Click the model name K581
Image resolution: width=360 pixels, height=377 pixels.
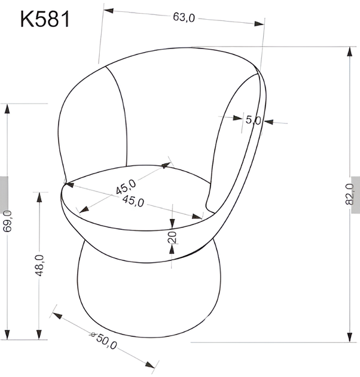click(x=45, y=19)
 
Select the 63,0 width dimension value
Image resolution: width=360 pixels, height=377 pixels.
click(x=184, y=17)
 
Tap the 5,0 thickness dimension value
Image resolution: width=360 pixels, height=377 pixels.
click(x=253, y=120)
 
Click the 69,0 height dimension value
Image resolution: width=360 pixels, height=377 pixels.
click(x=7, y=221)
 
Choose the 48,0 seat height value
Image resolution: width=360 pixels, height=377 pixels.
click(x=39, y=265)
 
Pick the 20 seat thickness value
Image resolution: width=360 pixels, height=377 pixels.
click(x=172, y=237)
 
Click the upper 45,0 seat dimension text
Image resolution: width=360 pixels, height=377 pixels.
click(x=127, y=187)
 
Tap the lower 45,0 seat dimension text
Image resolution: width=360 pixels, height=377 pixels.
click(x=133, y=202)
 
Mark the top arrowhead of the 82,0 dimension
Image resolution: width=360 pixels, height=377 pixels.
click(x=349, y=51)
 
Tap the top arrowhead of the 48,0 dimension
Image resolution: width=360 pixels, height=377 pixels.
click(x=39, y=196)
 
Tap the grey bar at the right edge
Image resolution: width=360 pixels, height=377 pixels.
click(x=356, y=194)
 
